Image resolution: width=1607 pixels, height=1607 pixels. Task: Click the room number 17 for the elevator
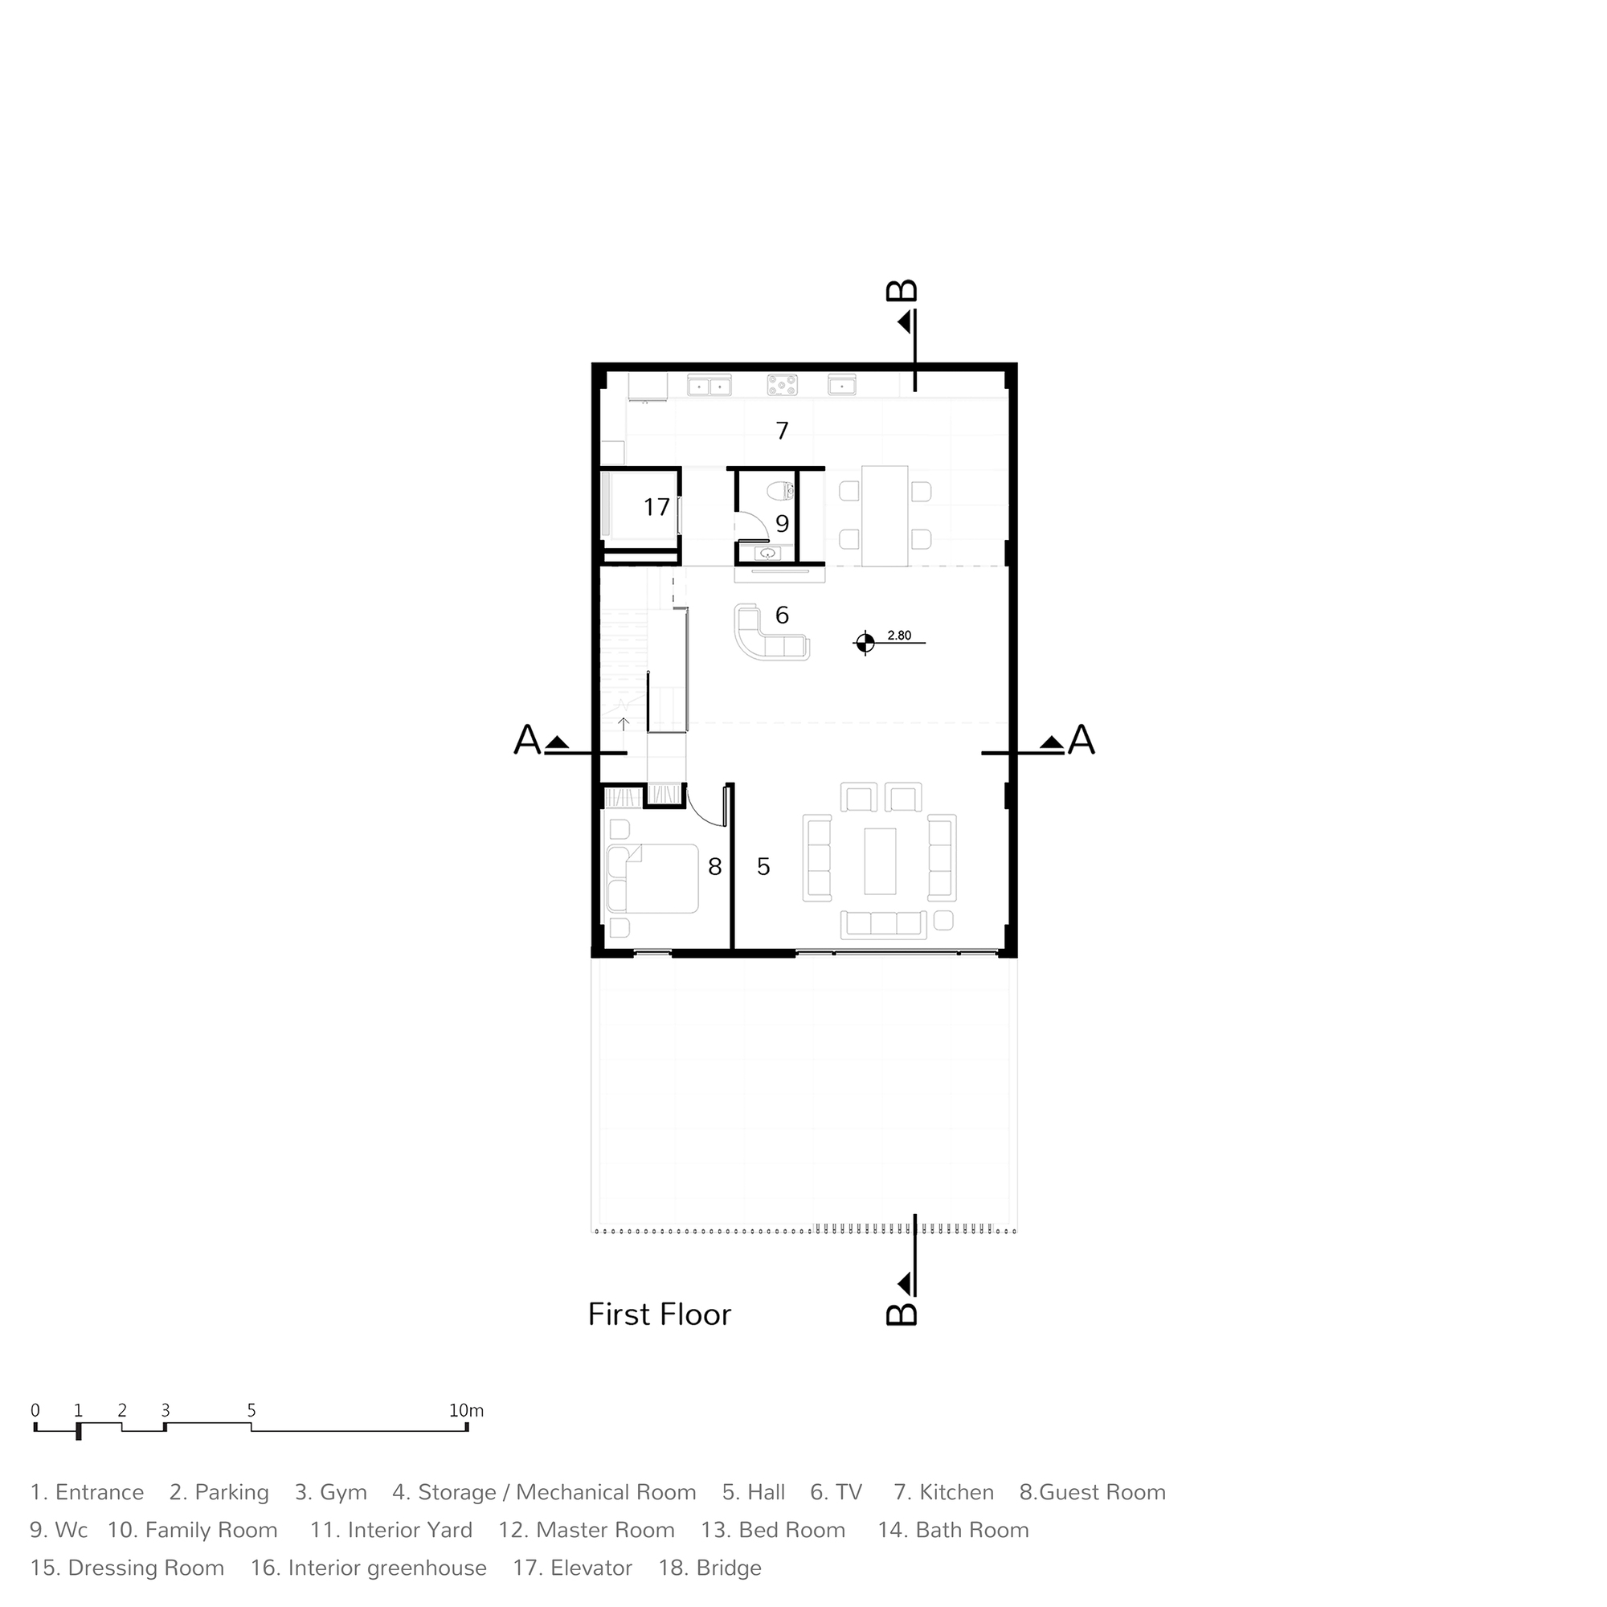tap(656, 506)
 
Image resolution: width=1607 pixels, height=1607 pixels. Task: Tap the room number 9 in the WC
tap(782, 523)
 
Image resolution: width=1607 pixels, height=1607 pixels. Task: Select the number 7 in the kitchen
tap(782, 431)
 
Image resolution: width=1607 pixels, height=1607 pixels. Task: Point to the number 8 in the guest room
tap(714, 867)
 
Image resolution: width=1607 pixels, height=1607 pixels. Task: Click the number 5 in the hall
tap(763, 867)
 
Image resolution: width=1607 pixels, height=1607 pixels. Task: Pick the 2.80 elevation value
tap(899, 636)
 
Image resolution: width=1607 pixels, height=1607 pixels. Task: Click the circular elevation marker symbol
tap(865, 642)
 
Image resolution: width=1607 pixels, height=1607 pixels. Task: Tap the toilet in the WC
tap(781, 492)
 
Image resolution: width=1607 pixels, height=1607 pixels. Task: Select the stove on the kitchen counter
tap(782, 384)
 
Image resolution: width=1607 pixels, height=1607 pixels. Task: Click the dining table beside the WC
tap(884, 516)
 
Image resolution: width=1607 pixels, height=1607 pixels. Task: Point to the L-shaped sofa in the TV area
tap(771, 634)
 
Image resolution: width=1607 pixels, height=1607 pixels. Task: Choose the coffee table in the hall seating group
tap(880, 861)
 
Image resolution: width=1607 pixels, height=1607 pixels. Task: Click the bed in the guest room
tap(653, 879)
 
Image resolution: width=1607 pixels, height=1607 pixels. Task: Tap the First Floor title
tap(660, 1315)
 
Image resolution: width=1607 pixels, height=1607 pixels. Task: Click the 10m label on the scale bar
tap(467, 1411)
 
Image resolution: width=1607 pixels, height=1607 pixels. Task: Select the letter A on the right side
tap(1082, 739)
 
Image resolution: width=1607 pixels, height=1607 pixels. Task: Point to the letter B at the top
tap(902, 290)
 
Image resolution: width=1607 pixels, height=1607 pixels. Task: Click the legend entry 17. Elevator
tap(573, 1568)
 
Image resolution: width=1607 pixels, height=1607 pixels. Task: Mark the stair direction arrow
tap(624, 724)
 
